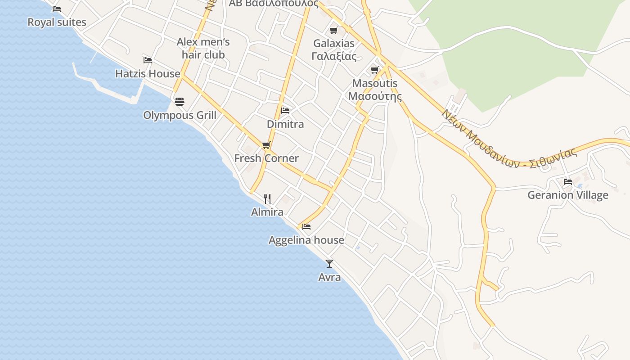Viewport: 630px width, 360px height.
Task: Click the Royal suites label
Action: click(x=57, y=22)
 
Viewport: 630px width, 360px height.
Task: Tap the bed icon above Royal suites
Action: click(x=57, y=9)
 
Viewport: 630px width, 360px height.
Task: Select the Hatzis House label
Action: click(x=148, y=73)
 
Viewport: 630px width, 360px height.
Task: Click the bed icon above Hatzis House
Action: click(x=148, y=60)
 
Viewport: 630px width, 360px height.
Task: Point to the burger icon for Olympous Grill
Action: click(x=180, y=102)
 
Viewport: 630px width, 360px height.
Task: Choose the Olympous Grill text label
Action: click(x=180, y=115)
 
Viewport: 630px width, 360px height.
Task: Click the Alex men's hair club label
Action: click(x=203, y=48)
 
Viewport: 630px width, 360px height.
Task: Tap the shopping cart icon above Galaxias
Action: click(x=334, y=30)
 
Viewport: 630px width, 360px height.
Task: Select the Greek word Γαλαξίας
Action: click(x=334, y=56)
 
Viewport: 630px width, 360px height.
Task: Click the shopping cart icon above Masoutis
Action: click(x=375, y=70)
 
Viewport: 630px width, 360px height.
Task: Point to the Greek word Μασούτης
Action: click(x=375, y=96)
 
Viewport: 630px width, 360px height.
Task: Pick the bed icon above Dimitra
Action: click(x=285, y=110)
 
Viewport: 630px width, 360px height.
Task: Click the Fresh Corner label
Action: click(x=266, y=158)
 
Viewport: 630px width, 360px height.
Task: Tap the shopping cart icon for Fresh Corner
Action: click(x=266, y=145)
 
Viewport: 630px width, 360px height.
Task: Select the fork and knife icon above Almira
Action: click(x=267, y=198)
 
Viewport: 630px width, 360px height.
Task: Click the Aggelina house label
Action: click(x=306, y=240)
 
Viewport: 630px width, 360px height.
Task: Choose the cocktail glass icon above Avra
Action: click(x=329, y=264)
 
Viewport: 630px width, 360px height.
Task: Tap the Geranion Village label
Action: click(x=568, y=195)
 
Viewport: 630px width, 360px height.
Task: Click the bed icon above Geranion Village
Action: click(x=568, y=182)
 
